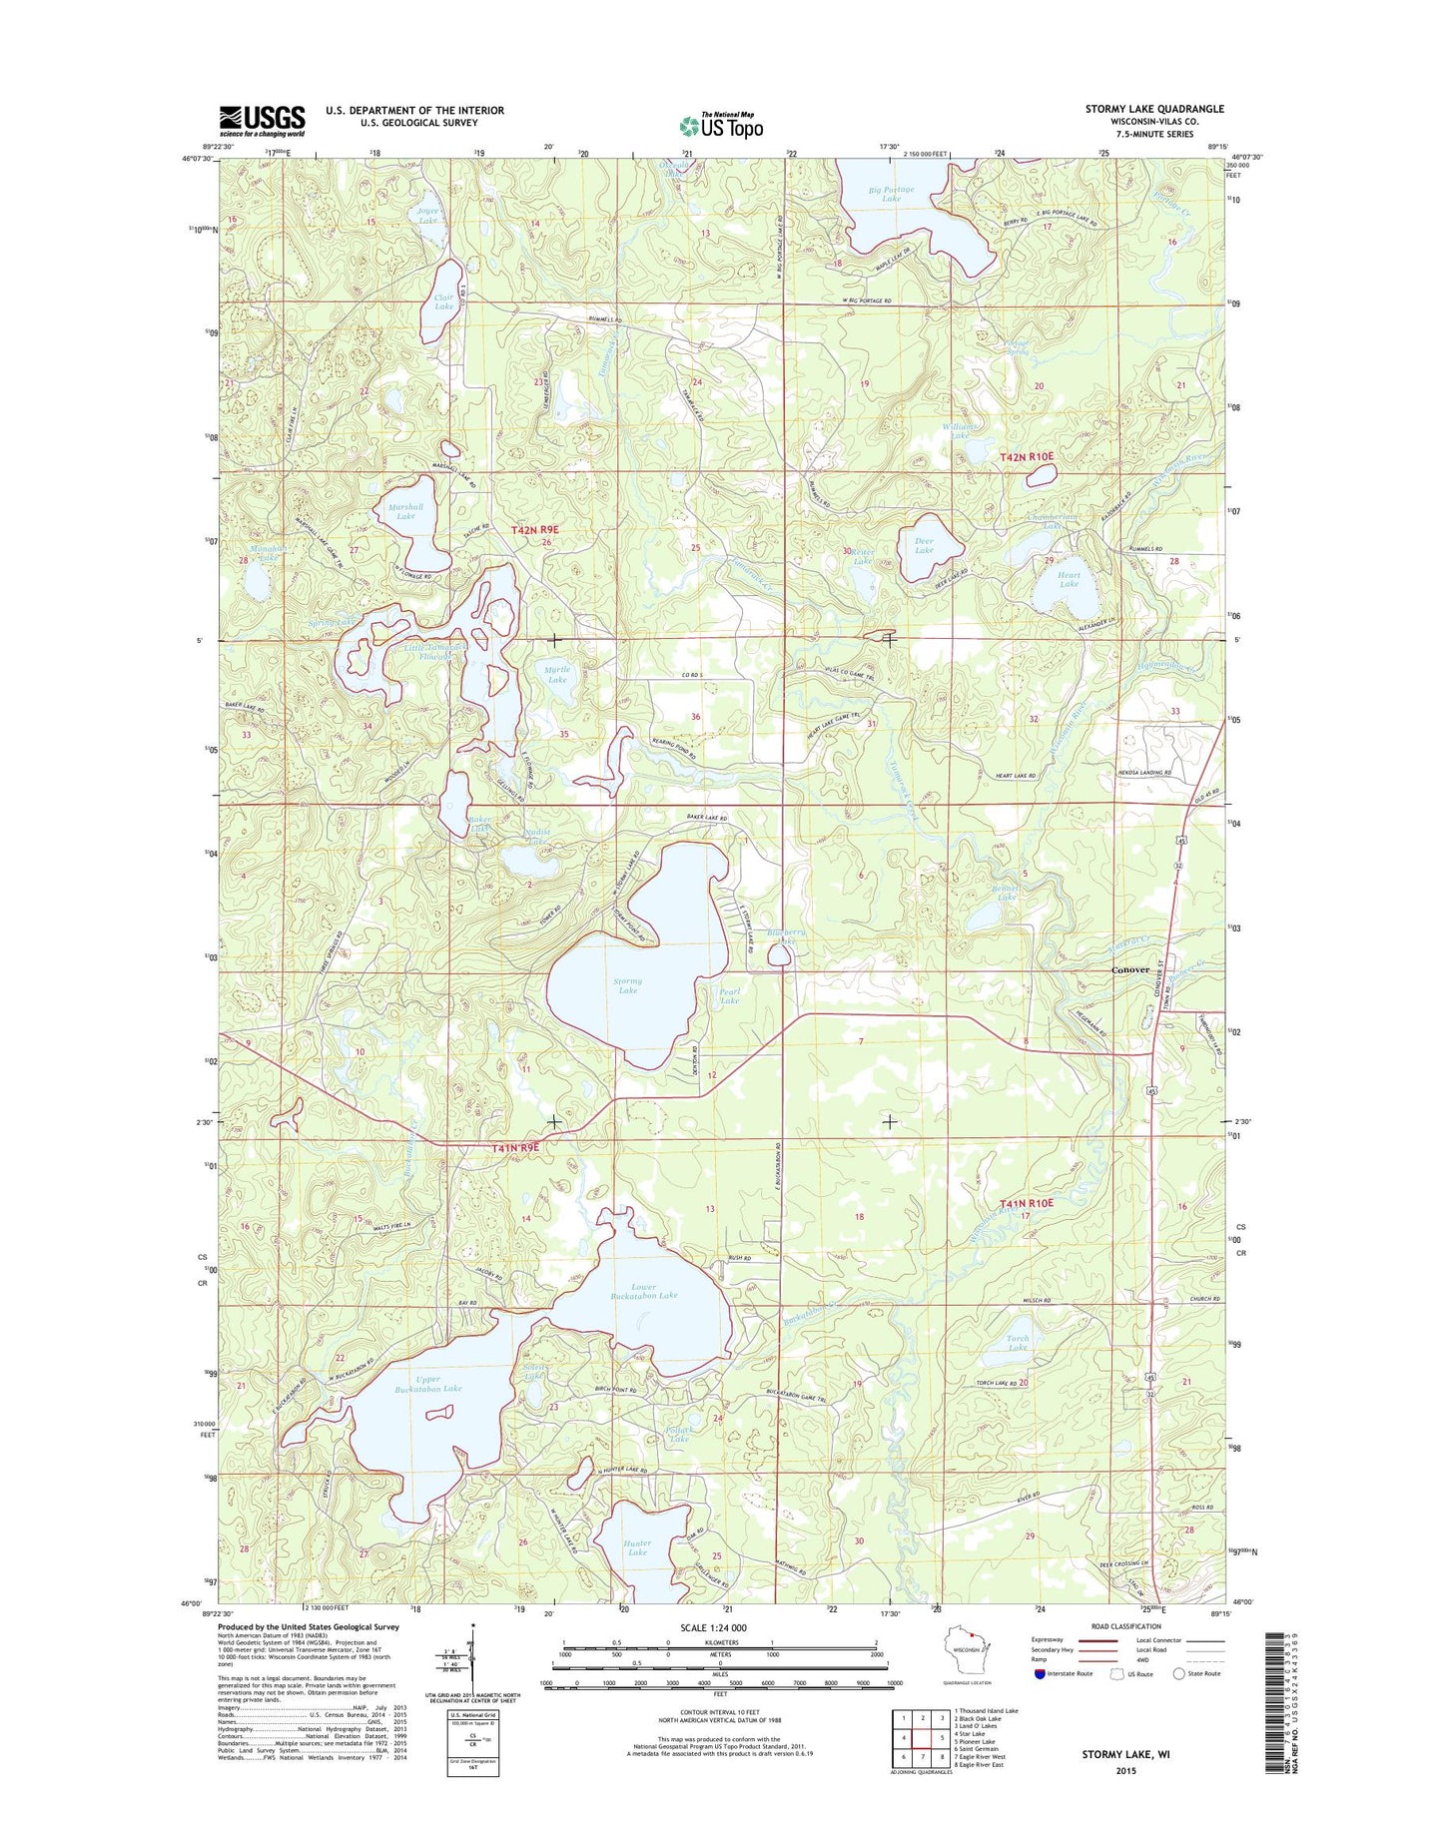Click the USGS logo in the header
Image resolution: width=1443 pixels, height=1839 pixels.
(262, 121)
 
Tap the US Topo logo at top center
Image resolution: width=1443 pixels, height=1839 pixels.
(721, 125)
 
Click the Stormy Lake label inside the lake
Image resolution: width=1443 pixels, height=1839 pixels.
(627, 985)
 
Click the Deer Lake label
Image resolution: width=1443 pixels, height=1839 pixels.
(924, 546)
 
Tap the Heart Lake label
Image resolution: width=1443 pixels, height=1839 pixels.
(1069, 581)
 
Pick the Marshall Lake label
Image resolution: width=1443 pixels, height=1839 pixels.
(405, 511)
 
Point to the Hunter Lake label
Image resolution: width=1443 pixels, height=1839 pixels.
(637, 1547)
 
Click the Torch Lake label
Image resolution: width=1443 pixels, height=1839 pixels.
(1018, 1343)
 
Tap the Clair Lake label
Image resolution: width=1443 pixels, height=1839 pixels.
(443, 302)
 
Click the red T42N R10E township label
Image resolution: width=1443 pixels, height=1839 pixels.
(1027, 456)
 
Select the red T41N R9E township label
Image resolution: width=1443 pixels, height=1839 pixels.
(515, 1148)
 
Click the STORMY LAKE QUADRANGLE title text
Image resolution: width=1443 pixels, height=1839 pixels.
(1153, 109)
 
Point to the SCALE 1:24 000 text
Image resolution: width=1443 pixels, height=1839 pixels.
(713, 1628)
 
